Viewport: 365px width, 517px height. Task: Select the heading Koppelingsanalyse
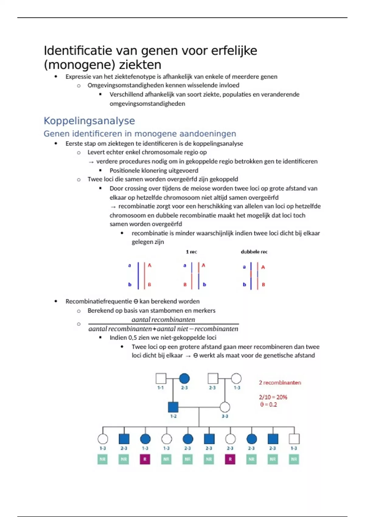coord(89,121)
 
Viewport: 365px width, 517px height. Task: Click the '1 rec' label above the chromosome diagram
coord(191,252)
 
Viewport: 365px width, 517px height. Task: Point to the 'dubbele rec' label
coord(254,252)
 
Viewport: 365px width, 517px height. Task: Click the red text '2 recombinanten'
coord(280,383)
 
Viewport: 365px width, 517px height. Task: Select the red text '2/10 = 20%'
coord(273,397)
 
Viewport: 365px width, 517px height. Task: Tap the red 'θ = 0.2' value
coord(268,404)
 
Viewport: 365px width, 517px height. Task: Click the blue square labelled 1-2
coord(173,407)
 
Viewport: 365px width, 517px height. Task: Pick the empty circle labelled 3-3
coord(225,407)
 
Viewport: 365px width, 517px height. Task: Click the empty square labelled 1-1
coord(161,379)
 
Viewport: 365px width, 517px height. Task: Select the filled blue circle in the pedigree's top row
coord(184,379)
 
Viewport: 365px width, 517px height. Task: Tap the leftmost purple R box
coord(145,459)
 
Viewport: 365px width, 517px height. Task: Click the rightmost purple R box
coord(230,459)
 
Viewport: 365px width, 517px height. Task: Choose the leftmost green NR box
coord(103,459)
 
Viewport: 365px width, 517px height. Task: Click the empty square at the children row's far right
coord(294,439)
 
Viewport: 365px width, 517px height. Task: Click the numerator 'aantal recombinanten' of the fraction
coord(163,320)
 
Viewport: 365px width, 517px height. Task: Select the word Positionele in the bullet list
coord(125,171)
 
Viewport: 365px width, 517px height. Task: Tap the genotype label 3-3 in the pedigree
coord(225,416)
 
